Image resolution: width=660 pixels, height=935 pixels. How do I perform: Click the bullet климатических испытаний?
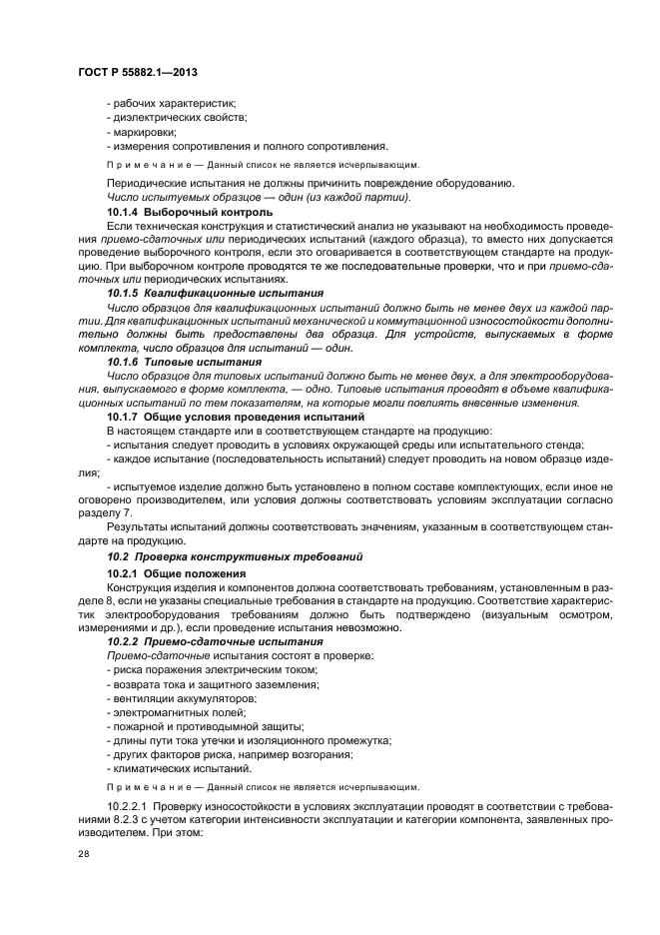[x=176, y=768]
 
